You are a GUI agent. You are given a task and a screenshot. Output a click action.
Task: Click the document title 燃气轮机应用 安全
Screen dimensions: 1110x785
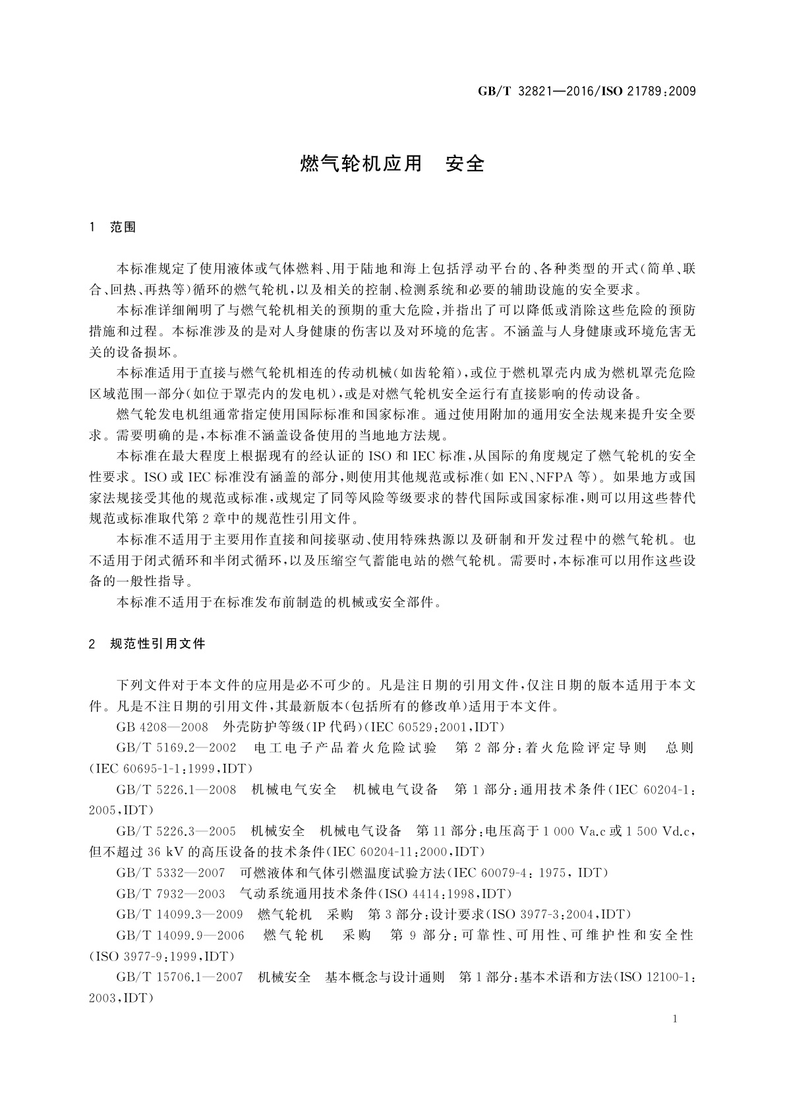[392, 163]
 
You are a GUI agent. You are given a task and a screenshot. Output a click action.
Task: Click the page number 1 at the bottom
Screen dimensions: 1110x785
[676, 1019]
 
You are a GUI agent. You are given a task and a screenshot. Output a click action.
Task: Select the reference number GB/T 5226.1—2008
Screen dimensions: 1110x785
[176, 789]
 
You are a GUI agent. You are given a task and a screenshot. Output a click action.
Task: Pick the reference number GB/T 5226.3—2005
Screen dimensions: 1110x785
[176, 831]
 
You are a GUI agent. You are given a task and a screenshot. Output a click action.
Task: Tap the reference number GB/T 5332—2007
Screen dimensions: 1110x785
[171, 873]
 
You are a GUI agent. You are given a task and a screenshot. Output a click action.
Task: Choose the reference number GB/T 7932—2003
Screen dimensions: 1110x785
[171, 894]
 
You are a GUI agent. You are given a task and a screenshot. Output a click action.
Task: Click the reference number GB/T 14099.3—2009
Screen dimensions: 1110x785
[179, 914]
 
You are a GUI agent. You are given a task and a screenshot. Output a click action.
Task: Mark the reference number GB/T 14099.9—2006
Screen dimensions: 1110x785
[180, 935]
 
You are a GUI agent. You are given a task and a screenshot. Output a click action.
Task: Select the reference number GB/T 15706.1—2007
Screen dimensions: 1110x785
[179, 977]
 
